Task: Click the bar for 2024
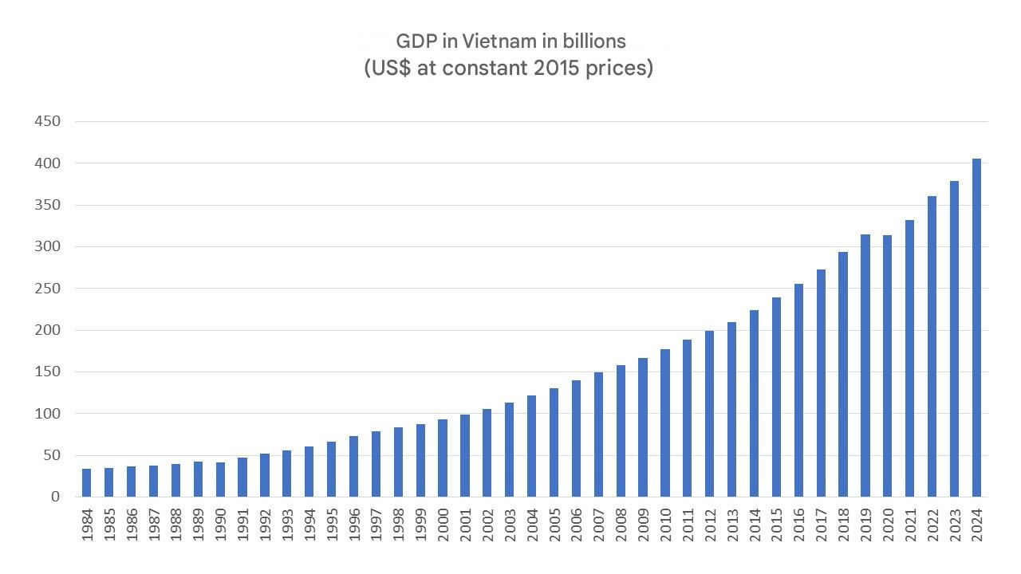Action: pyautogui.click(x=976, y=328)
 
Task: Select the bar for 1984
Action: pyautogui.click(x=87, y=482)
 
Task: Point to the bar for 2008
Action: pyautogui.click(x=621, y=431)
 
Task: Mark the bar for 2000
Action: pyautogui.click(x=443, y=458)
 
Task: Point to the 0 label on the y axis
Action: pyautogui.click(x=55, y=497)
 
